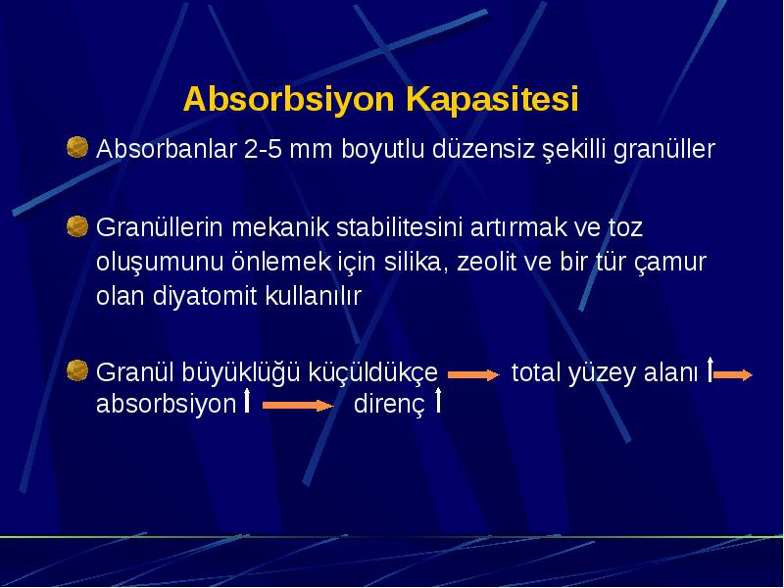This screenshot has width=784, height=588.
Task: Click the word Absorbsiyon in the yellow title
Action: (289, 100)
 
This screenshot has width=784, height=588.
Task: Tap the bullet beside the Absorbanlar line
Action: (77, 147)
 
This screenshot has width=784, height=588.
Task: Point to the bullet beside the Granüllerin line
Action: (77, 226)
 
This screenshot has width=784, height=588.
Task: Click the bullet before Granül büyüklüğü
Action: (77, 370)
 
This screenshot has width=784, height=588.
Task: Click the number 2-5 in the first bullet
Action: (263, 149)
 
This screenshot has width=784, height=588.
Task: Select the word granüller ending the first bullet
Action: (664, 150)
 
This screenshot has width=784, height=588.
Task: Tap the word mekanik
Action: (280, 227)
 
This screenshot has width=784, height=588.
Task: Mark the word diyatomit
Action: (205, 296)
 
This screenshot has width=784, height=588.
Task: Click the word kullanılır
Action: (313, 296)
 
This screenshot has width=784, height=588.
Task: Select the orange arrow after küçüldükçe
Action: (473, 374)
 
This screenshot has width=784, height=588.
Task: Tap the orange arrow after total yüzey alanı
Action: (733, 375)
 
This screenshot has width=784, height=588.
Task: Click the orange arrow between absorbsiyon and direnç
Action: (298, 405)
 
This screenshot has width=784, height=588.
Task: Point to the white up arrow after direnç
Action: (438, 400)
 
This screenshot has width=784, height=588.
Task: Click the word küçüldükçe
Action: (372, 373)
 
